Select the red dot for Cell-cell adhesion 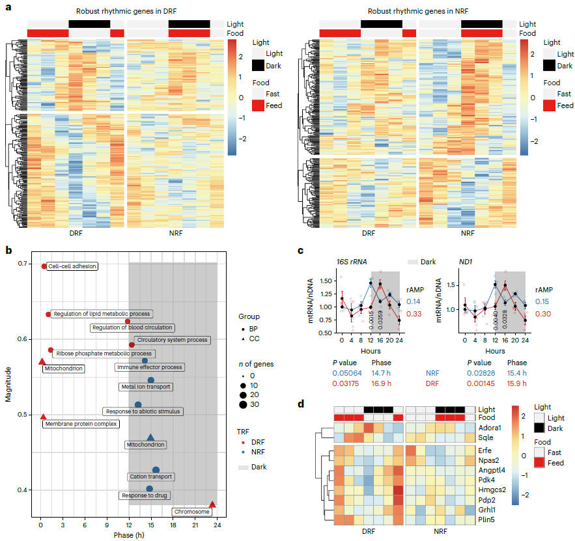pyautogui.click(x=44, y=266)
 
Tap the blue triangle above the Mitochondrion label pyautogui.click(x=150, y=437)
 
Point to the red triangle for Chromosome pyautogui.click(x=212, y=504)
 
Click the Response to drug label pyautogui.click(x=141, y=495)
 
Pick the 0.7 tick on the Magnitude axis pyautogui.click(x=23, y=264)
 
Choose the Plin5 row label pyautogui.click(x=486, y=520)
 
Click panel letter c pyautogui.click(x=302, y=251)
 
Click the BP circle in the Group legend pyautogui.click(x=242, y=329)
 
